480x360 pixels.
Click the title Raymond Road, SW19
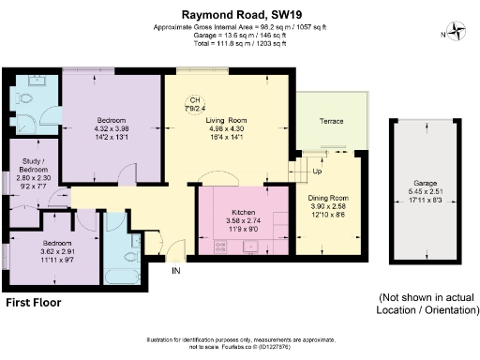[239, 13]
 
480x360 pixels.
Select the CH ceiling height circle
[195, 102]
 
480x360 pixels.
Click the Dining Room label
[328, 198]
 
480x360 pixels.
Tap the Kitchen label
[243, 213]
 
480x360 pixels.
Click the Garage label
[427, 185]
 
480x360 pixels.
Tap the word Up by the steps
[317, 172]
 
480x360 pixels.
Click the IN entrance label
[175, 271]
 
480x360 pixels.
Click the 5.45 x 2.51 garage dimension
[427, 193]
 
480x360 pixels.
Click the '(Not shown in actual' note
[427, 296]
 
